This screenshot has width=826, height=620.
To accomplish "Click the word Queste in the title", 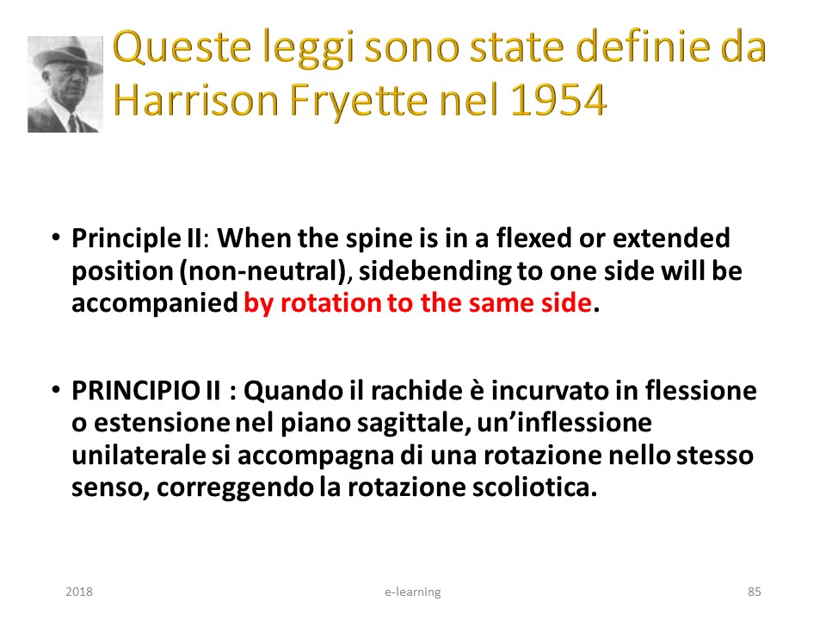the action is point(182,47).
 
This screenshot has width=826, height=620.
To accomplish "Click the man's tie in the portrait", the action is point(73,123).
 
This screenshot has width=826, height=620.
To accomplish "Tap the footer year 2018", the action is point(79,592).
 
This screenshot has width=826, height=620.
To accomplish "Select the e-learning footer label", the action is point(412,592).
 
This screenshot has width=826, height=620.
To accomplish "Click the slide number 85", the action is point(755,592).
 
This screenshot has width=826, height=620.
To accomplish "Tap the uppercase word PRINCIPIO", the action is point(135,391).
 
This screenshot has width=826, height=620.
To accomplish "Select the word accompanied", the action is point(155,304).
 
